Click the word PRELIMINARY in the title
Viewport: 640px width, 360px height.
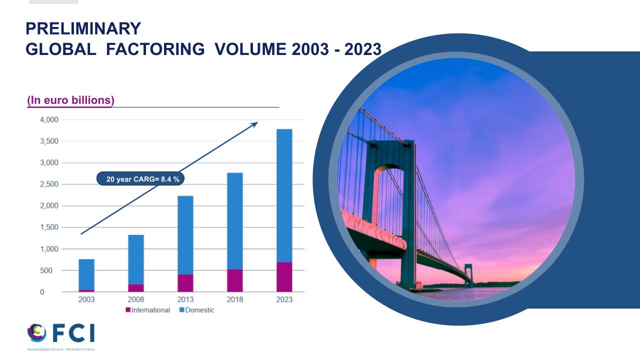(83, 28)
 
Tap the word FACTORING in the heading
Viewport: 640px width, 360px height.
(155, 49)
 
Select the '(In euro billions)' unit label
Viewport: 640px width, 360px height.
(70, 100)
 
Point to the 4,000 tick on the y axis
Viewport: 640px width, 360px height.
(49, 119)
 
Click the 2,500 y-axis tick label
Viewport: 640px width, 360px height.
(49, 184)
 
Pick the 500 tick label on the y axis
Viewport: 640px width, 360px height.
(46, 270)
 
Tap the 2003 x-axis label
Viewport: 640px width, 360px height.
(86, 299)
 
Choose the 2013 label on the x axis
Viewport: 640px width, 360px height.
(185, 299)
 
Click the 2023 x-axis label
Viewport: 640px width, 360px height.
(284, 299)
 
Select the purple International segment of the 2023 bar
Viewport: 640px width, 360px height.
(284, 277)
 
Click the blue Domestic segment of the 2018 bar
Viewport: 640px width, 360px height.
(235, 221)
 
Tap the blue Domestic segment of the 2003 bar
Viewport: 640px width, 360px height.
(86, 274)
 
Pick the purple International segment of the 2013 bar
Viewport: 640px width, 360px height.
(185, 283)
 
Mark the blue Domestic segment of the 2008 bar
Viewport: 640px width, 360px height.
(136, 259)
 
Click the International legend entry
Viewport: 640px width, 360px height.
(148, 310)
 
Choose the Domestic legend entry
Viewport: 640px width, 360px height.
(197, 310)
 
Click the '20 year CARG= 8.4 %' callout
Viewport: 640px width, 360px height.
(140, 179)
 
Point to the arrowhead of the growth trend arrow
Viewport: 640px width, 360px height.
(255, 124)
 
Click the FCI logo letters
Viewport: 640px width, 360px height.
(73, 333)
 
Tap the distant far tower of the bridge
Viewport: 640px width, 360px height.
(468, 274)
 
